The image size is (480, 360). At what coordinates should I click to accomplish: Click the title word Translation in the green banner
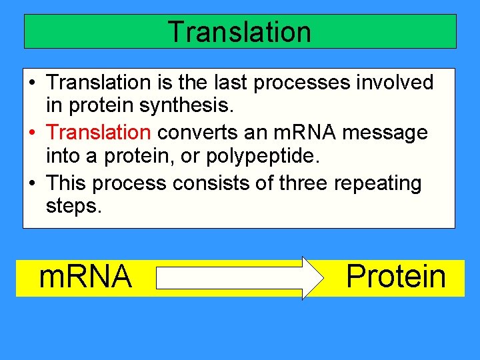(x=239, y=32)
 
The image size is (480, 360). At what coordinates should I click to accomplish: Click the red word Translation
(x=99, y=133)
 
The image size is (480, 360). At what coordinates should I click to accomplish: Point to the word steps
(x=74, y=207)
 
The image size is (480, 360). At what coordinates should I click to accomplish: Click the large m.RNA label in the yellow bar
(x=85, y=277)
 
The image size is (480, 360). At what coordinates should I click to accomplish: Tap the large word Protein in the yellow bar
(x=396, y=277)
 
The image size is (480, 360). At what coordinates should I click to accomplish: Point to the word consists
(x=225, y=183)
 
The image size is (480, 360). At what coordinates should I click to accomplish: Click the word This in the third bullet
(x=67, y=183)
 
